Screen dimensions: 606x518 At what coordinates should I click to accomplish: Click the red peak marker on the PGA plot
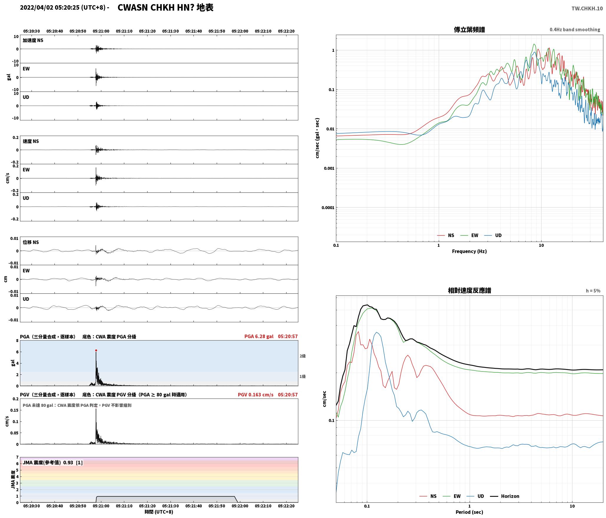click(x=96, y=351)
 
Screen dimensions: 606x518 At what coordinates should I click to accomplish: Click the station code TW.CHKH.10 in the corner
click(x=587, y=9)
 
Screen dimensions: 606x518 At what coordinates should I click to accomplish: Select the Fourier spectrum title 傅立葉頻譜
click(x=469, y=30)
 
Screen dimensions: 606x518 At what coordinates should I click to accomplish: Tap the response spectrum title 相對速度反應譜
click(x=469, y=290)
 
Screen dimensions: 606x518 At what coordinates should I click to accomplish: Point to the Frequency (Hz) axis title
click(x=469, y=251)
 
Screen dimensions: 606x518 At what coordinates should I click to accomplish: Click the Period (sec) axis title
click(x=469, y=512)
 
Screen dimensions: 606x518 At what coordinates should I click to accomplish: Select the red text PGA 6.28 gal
click(x=259, y=336)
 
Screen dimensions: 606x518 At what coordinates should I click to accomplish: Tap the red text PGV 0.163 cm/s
click(x=256, y=395)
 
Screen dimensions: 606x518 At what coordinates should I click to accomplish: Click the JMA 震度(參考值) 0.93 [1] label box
click(x=53, y=463)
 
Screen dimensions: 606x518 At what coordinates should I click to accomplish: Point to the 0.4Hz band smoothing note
click(x=575, y=30)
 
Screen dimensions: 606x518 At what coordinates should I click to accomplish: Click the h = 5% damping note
click(x=593, y=291)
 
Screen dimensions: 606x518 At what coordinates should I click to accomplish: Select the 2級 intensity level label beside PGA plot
click(x=303, y=356)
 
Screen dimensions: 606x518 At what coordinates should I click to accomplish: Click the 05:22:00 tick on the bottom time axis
click(x=240, y=506)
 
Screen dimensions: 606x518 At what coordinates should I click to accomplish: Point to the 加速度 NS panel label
click(x=33, y=40)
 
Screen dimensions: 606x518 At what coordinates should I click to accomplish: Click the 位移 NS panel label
click(x=31, y=243)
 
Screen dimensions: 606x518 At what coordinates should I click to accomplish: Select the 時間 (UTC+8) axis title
click(x=159, y=512)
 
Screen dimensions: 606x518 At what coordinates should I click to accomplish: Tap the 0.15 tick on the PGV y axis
click(x=15, y=410)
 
